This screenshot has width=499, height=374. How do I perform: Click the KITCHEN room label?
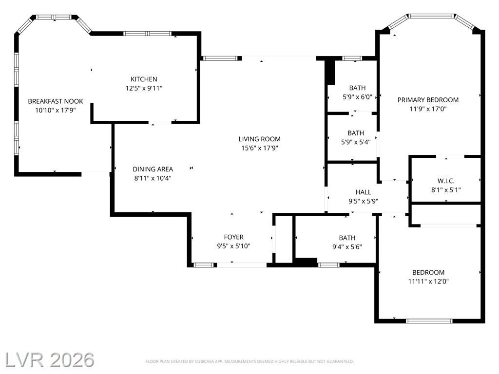(x=144, y=79)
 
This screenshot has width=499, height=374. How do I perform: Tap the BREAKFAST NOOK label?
(x=56, y=101)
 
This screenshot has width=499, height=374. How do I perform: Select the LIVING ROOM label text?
(x=260, y=139)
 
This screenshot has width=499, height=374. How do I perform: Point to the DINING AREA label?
(x=153, y=169)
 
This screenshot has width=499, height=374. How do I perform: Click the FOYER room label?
(x=233, y=237)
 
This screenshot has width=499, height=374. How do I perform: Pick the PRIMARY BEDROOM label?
(x=428, y=100)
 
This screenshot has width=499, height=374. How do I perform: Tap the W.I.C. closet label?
(x=446, y=181)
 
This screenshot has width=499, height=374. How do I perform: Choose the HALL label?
(x=363, y=192)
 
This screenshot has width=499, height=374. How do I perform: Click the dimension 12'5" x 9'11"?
(x=144, y=88)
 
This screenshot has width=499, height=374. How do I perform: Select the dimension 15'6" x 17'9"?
(x=260, y=148)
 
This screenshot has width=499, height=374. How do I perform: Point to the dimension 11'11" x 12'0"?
(x=428, y=281)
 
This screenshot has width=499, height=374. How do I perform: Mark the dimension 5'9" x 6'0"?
(x=357, y=97)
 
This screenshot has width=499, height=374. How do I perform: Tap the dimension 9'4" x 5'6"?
(x=347, y=247)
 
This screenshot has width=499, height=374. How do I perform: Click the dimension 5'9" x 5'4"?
(x=356, y=142)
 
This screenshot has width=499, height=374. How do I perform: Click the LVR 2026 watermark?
(x=50, y=360)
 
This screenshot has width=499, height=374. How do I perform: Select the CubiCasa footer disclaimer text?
(x=249, y=362)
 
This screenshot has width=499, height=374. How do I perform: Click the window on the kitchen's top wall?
(x=148, y=34)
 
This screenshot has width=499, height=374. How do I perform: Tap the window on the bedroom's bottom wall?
(x=429, y=321)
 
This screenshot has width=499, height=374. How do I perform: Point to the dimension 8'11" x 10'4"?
(x=153, y=178)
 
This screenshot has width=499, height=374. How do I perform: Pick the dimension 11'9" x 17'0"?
(x=428, y=109)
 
